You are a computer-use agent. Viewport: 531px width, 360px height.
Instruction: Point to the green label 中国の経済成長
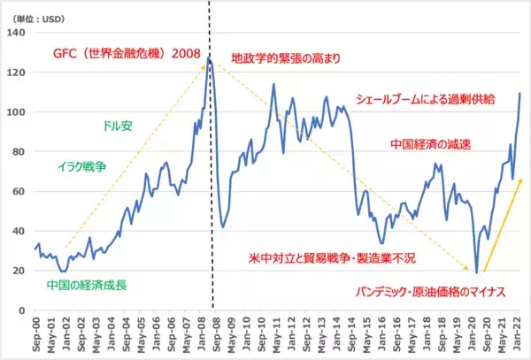coord(87,287)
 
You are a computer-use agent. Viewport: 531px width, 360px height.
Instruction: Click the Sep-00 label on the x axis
coord(36,334)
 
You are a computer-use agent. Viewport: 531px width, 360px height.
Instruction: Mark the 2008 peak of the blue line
coord(209,58)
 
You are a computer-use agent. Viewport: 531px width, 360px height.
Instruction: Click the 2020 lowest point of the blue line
coord(476,273)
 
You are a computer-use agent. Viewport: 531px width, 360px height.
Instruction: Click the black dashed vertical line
coord(210,177)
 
